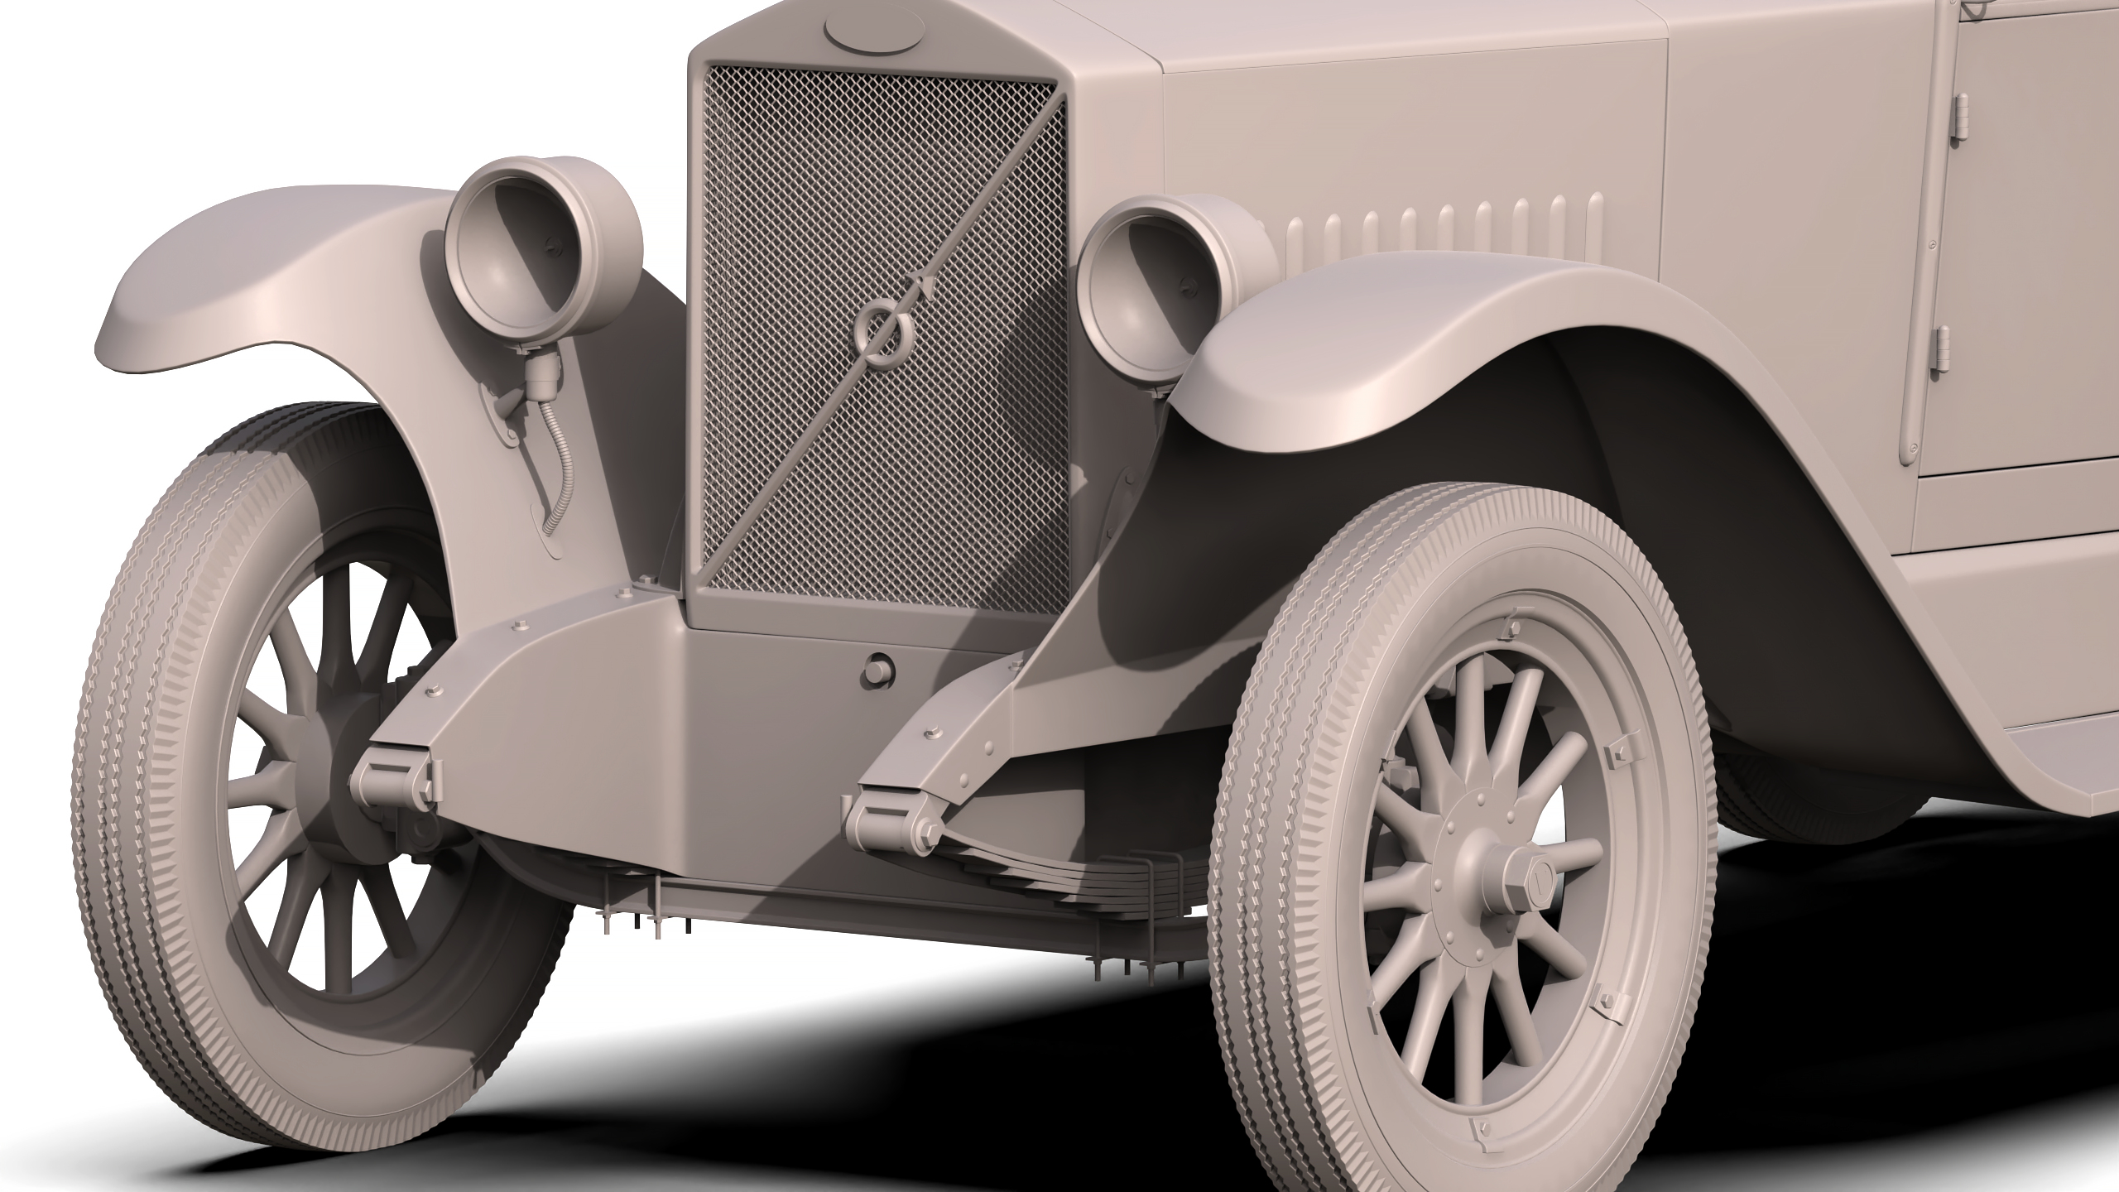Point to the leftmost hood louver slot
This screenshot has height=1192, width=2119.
point(1295,236)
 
